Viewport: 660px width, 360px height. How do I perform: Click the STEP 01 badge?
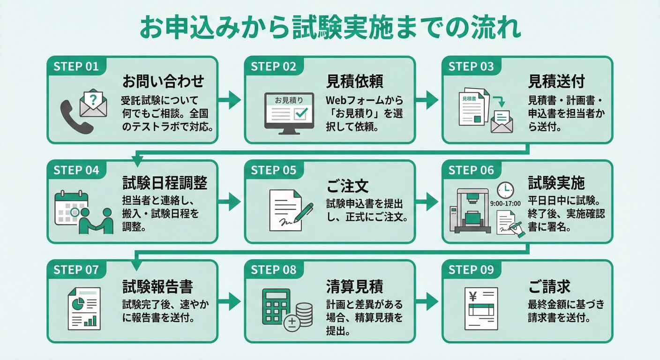tap(76, 67)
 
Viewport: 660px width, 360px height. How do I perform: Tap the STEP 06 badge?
tap(471, 170)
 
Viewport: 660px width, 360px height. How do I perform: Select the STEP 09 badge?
tap(471, 270)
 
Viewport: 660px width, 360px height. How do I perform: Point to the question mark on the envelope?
tap(94, 99)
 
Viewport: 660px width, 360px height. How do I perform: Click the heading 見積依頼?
tap(354, 82)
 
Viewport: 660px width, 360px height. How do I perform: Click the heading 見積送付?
tap(556, 82)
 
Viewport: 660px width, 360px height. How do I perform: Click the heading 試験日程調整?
tap(165, 182)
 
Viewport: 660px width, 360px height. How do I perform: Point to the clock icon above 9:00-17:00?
tap(505, 190)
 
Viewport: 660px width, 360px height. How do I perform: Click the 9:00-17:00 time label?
tap(505, 204)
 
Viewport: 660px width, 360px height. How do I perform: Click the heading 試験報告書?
tap(157, 286)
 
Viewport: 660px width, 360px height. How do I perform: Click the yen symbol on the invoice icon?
tap(472, 296)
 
